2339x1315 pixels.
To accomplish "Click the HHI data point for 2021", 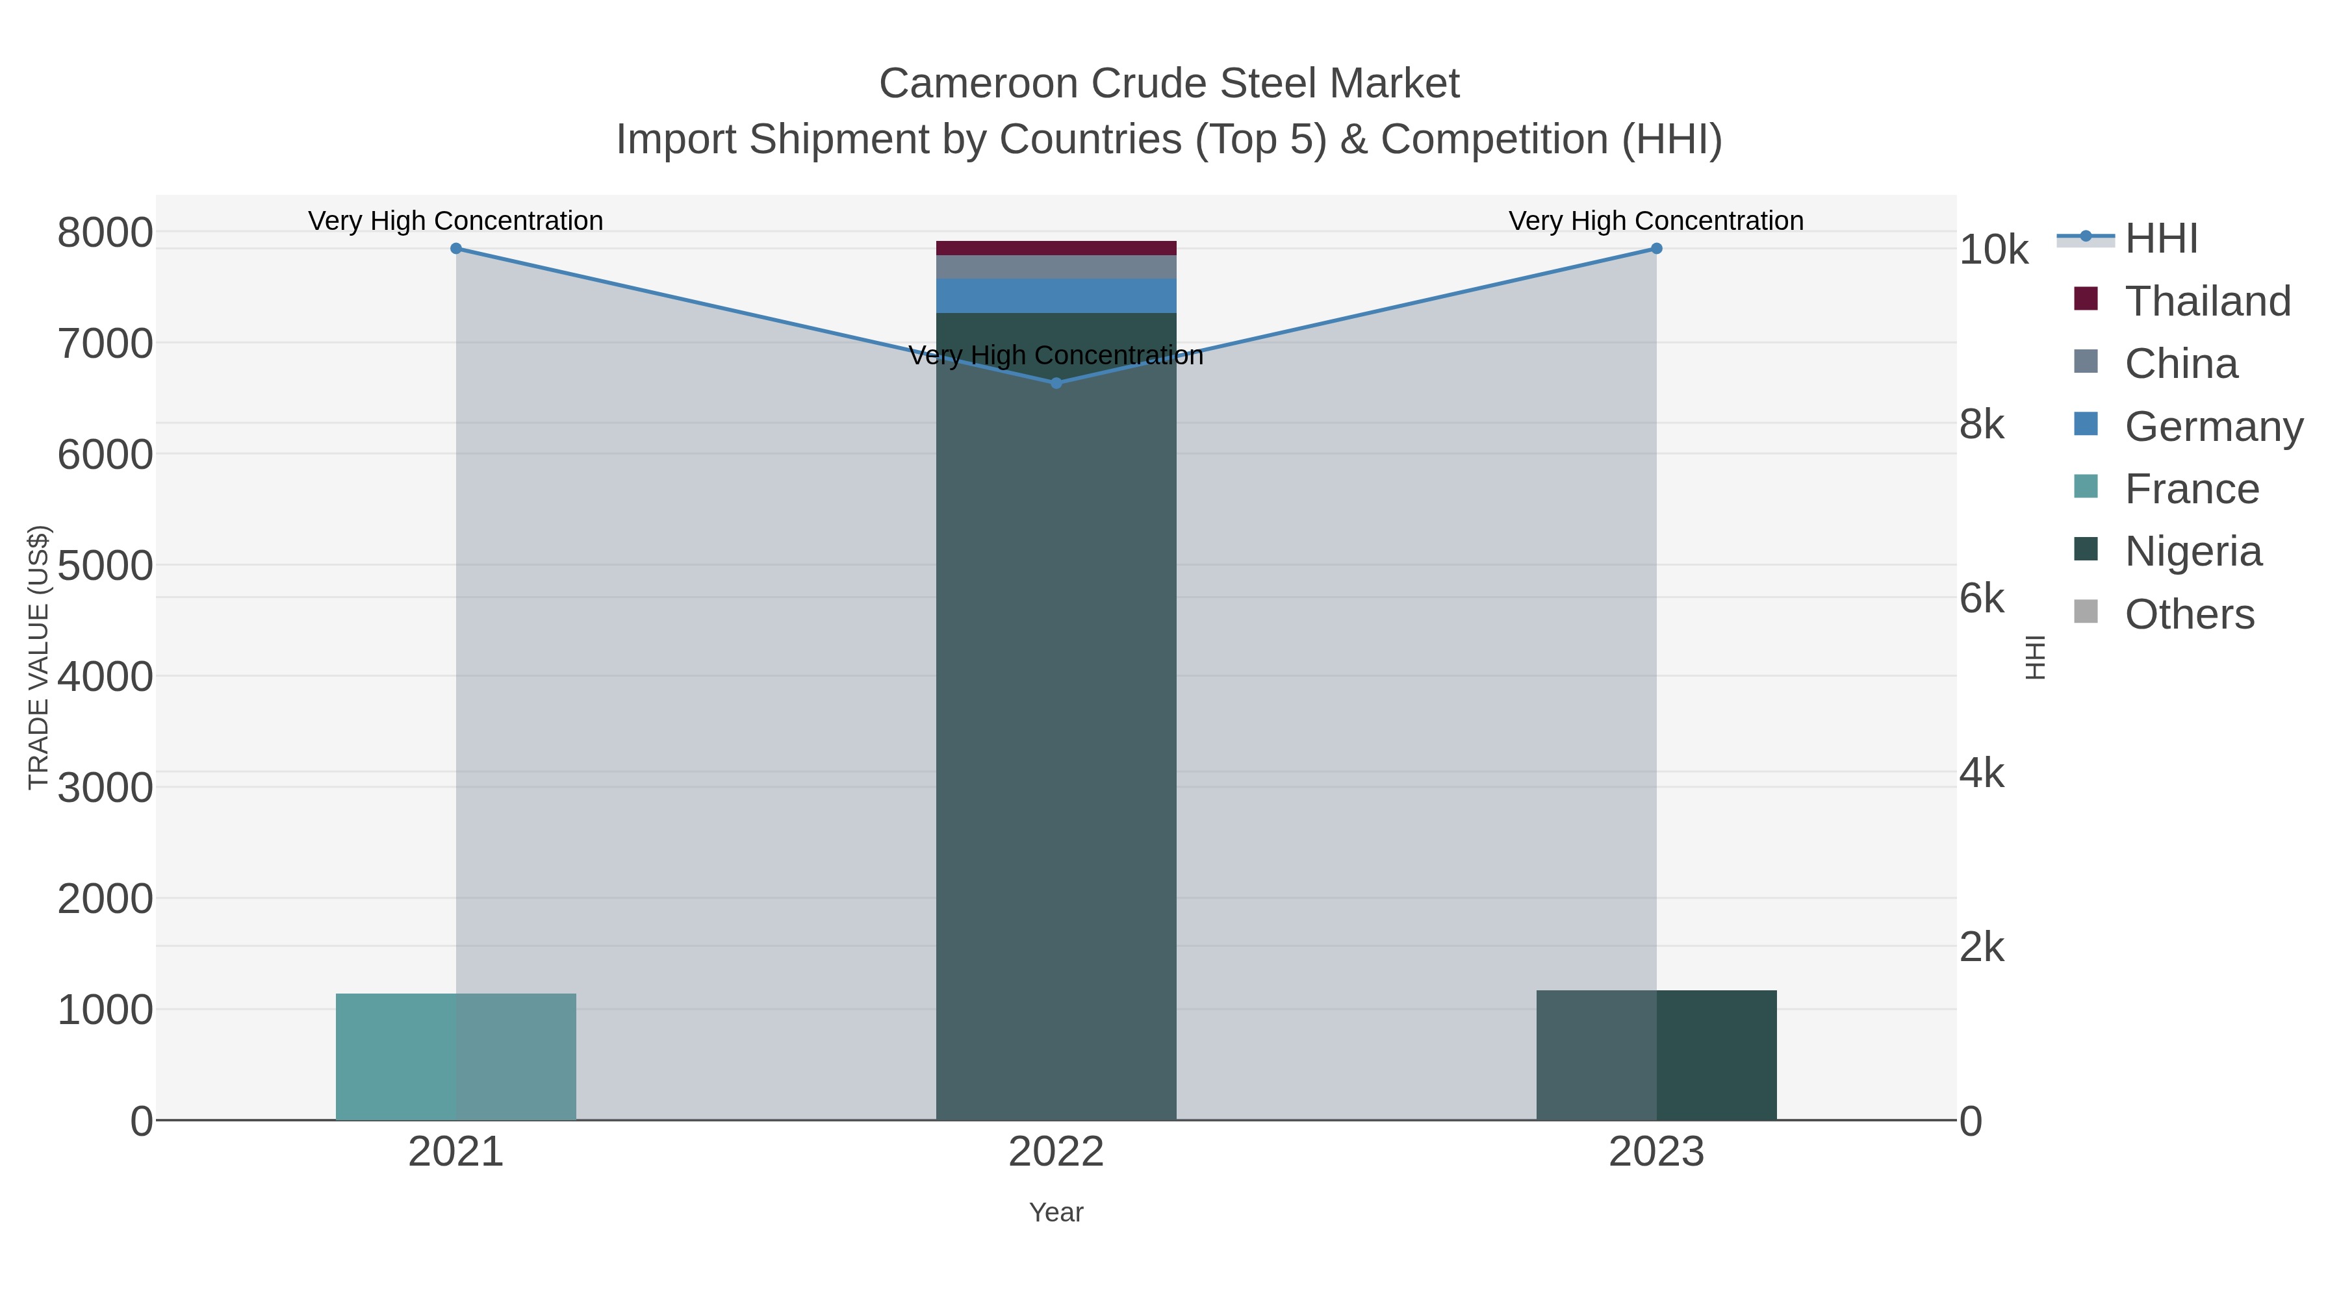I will click(456, 249).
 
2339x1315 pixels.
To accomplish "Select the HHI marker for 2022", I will click(1056, 383).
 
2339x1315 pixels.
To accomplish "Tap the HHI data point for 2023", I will click(1656, 249).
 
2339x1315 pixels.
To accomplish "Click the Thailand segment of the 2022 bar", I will click(1056, 248).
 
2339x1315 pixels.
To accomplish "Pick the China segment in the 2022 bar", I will click(1056, 267).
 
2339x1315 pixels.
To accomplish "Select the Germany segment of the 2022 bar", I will click(1056, 296).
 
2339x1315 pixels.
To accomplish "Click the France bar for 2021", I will click(456, 1057).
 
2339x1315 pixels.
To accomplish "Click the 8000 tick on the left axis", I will click(105, 233).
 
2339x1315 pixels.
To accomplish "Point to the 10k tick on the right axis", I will click(1993, 251).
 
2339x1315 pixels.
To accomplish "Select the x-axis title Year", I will click(1056, 1212).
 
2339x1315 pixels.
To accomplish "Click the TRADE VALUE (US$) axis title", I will click(39, 657).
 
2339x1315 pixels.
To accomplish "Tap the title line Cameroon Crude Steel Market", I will click(1169, 84).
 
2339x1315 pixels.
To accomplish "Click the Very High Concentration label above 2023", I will click(1655, 221).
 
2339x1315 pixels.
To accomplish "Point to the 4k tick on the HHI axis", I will click(1982, 773).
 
